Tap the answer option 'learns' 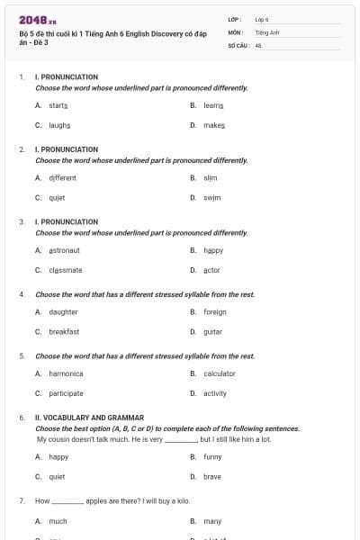pos(212,105)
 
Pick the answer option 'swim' pos(211,196)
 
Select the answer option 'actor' pos(211,269)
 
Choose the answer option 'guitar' pos(212,331)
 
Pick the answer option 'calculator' pos(219,373)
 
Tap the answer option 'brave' pos(211,476)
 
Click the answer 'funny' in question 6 pos(212,456)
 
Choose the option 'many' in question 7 pos(212,521)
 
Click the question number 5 pos(22,356)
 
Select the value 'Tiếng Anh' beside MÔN pos(267,31)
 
